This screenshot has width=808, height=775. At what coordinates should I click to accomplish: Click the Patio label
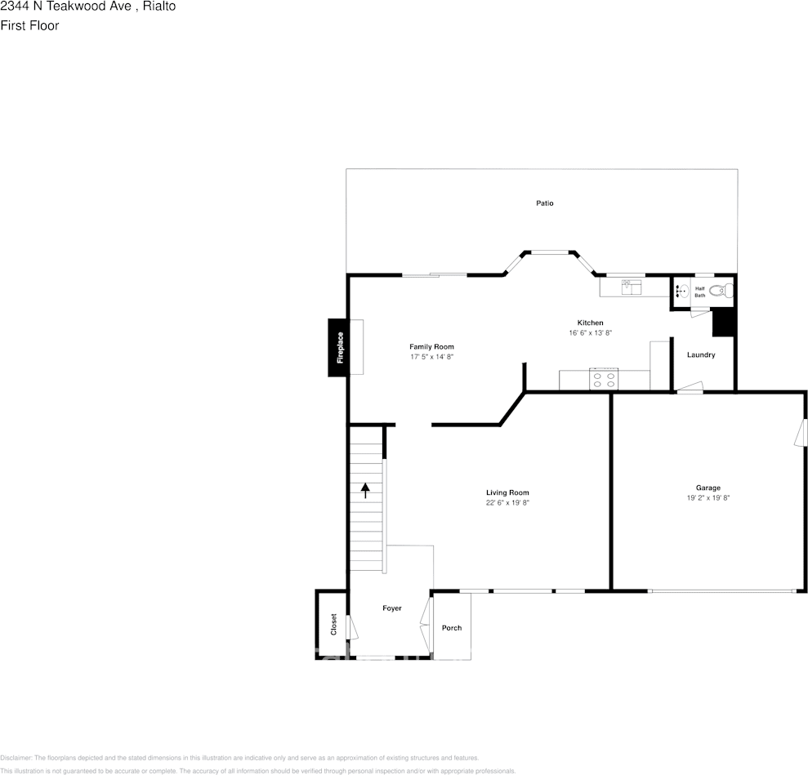pyautogui.click(x=545, y=203)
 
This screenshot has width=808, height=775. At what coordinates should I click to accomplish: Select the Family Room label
pyautogui.click(x=431, y=347)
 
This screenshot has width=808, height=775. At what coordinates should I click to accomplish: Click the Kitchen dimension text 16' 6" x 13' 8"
pyautogui.click(x=590, y=333)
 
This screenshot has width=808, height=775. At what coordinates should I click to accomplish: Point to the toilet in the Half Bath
pyautogui.click(x=719, y=290)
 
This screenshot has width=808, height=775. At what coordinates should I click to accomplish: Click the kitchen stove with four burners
pyautogui.click(x=604, y=379)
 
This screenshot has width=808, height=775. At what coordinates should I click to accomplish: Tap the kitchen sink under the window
pyautogui.click(x=632, y=286)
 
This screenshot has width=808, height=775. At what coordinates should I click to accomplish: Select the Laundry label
pyautogui.click(x=701, y=355)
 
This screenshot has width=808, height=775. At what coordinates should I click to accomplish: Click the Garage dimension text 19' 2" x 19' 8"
pyautogui.click(x=708, y=498)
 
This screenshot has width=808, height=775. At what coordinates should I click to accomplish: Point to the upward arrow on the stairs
pyautogui.click(x=365, y=490)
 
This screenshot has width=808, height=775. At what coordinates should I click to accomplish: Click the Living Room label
pyautogui.click(x=507, y=492)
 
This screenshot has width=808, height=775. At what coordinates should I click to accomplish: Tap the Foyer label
pyautogui.click(x=392, y=608)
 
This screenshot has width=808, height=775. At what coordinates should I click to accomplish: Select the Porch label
pyautogui.click(x=452, y=628)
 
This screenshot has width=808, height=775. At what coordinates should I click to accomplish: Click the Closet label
pyautogui.click(x=333, y=625)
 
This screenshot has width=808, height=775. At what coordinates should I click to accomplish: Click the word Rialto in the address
pyautogui.click(x=159, y=7)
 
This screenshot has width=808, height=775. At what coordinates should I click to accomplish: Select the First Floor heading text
pyautogui.click(x=29, y=25)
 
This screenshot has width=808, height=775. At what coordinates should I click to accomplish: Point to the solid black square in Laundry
pyautogui.click(x=724, y=322)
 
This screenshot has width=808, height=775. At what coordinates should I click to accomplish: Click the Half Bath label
pyautogui.click(x=700, y=292)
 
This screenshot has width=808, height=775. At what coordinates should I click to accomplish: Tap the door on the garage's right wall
pyautogui.click(x=801, y=433)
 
